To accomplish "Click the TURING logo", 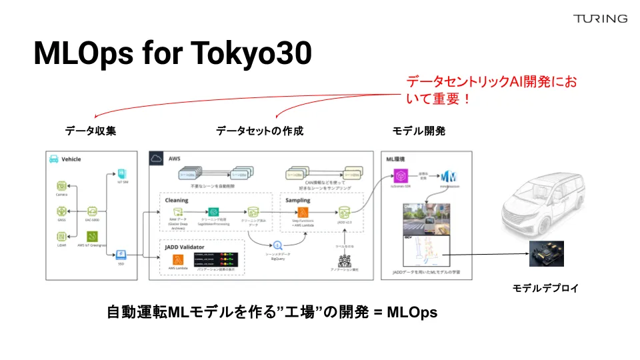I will click(600, 19).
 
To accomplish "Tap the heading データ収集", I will click(91, 131).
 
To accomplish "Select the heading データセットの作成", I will click(259, 131).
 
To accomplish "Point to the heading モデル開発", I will click(419, 131).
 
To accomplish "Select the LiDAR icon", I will click(61, 237).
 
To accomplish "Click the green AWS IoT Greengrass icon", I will click(93, 236).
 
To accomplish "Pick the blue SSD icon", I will click(121, 255).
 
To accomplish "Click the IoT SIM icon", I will click(121, 174).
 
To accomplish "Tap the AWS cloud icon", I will click(157, 159).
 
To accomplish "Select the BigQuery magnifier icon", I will click(277, 245).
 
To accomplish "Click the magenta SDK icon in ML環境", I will click(401, 177).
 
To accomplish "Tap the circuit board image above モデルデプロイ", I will click(546, 254).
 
